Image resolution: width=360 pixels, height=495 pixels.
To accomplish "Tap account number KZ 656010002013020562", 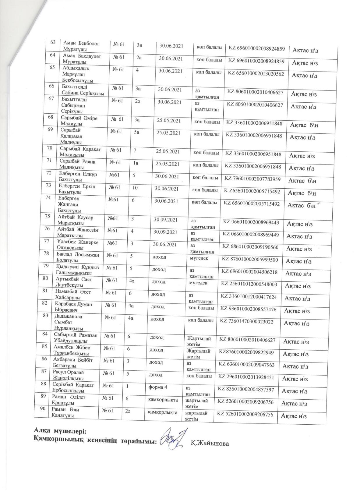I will coord(256,74).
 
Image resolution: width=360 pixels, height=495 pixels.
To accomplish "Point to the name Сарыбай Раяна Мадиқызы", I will coord(77,164).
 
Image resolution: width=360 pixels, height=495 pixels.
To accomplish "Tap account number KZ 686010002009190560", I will coord(250,247).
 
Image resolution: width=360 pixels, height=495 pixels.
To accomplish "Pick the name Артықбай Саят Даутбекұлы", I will coord(74,282).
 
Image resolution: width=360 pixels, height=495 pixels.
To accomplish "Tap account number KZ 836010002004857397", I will coord(246,389).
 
